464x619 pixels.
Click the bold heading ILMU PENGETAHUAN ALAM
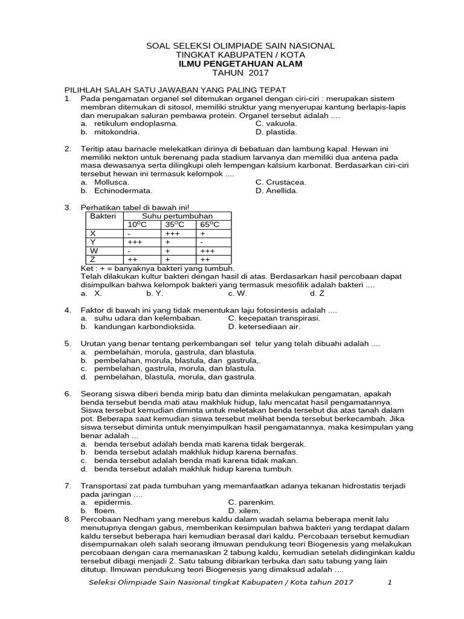pos(240,63)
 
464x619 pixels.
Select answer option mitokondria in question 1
pos(117,132)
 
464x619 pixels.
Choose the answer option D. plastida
pos(276,132)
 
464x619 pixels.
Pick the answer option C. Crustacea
pos(280,182)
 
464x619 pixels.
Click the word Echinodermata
pos(123,190)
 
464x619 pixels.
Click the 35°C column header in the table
pos(176,224)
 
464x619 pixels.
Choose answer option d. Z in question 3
pos(317,293)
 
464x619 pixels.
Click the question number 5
pos(68,343)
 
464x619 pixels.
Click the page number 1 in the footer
pos(390,582)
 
